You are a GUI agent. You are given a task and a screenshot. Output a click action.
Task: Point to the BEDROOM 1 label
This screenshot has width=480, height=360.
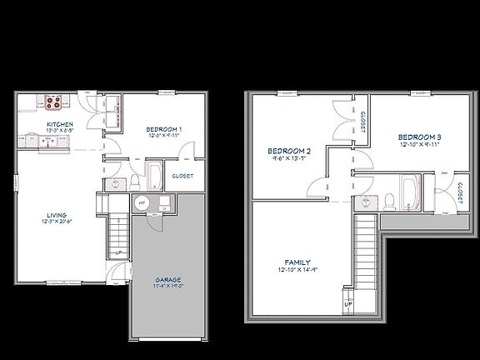pyautogui.click(x=165, y=128)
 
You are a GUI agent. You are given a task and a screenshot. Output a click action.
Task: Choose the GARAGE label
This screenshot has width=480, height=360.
pyautogui.click(x=169, y=279)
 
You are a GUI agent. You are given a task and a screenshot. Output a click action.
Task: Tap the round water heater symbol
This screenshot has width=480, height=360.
pyautogui.click(x=142, y=202)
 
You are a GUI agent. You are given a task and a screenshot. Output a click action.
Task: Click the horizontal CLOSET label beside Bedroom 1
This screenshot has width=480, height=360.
pyautogui.click(x=183, y=176)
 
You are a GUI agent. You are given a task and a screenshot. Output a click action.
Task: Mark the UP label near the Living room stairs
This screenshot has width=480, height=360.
pyautogui.click(x=119, y=252)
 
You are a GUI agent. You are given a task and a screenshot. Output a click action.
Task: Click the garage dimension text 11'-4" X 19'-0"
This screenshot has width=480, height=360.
pyautogui.click(x=169, y=287)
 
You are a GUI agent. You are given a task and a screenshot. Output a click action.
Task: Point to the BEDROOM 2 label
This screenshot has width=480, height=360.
pyautogui.click(x=283, y=151)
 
